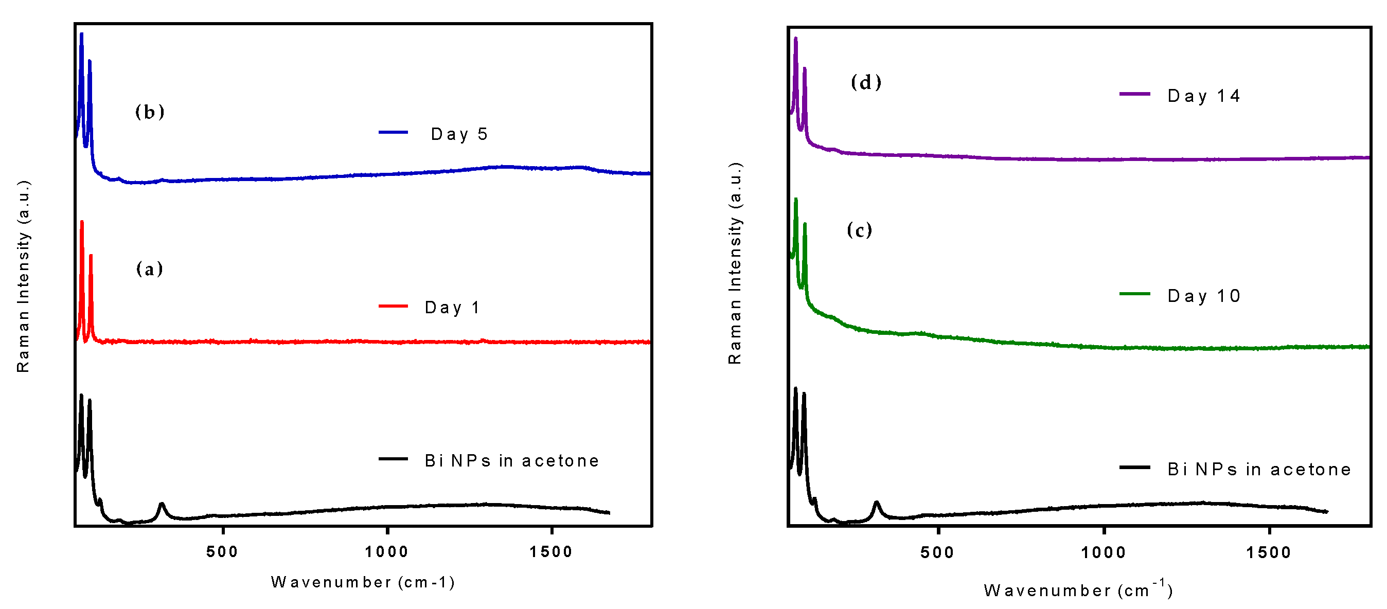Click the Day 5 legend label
pos(459,134)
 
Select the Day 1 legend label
pos(452,308)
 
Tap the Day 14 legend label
pos(1204,96)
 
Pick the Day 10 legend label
pos(1204,296)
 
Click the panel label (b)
pos(150,112)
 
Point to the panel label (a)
pos(149,268)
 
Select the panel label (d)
pos(866,82)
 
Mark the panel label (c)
pos(859,230)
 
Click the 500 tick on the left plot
pos(222,552)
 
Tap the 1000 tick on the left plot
pos(386,552)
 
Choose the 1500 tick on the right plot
pos(1269,552)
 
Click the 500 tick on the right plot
pos(937,552)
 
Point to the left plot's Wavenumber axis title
pos(363,582)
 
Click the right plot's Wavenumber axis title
pos(1078,590)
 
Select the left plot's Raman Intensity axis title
pos(23,276)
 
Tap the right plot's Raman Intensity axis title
pos(735,263)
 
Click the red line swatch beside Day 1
pos(393,306)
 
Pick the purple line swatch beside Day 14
pos(1134,94)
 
